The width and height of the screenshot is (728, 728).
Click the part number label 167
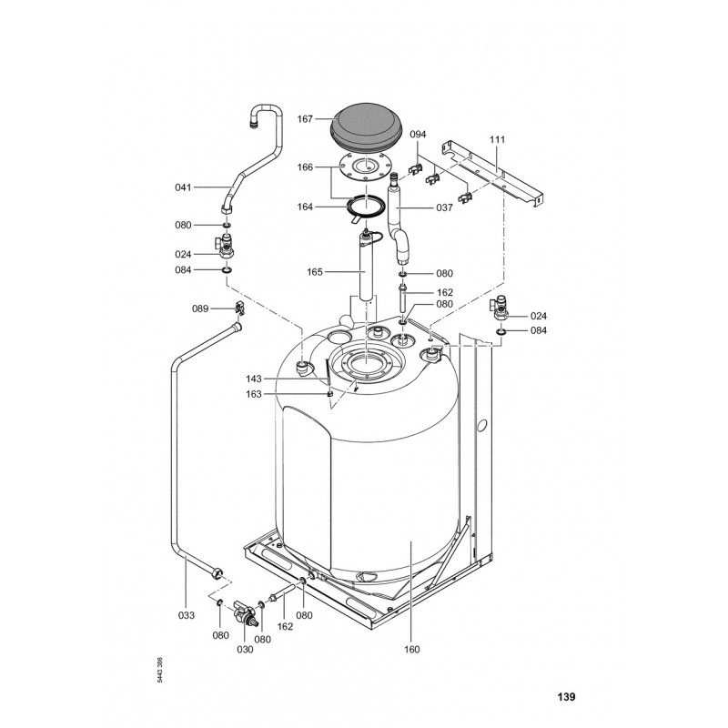point(305,119)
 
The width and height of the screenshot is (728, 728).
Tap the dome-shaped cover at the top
point(367,126)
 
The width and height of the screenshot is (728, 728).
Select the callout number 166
point(305,167)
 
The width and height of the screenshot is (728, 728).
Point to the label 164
point(305,207)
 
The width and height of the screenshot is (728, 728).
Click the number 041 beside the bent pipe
point(183,187)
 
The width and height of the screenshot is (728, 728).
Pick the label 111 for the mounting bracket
point(497,139)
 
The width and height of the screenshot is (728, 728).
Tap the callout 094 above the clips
point(418,134)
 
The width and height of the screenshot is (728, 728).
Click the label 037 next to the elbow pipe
point(444,208)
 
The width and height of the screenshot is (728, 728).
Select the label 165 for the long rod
point(315,272)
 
